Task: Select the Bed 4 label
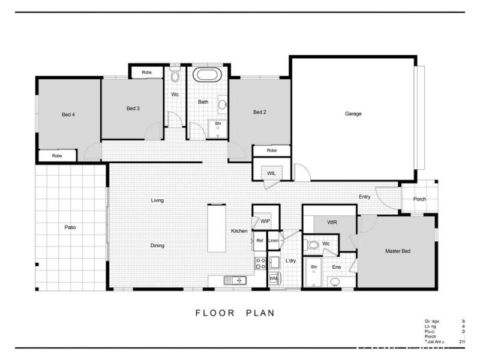click(x=67, y=114)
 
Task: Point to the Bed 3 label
click(x=133, y=109)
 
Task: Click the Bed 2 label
click(x=259, y=112)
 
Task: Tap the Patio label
click(x=70, y=227)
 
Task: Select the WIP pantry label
click(x=266, y=221)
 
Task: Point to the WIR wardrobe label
click(x=333, y=223)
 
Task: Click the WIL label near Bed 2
click(x=271, y=173)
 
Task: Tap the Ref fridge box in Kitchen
click(x=259, y=241)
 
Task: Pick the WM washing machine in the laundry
click(x=273, y=278)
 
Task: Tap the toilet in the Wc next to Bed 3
click(x=175, y=76)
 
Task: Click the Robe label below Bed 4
click(x=57, y=155)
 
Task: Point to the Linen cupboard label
click(x=274, y=241)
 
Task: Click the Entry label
click(x=364, y=196)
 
